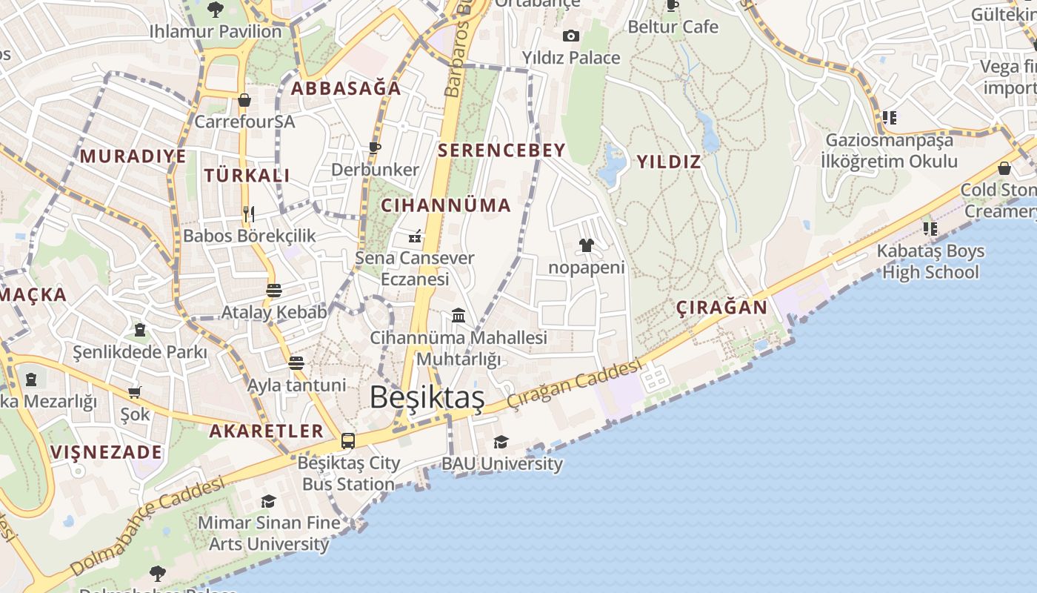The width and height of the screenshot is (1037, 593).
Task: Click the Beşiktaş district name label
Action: click(427, 398)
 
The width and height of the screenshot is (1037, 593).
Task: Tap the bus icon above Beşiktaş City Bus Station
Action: click(348, 441)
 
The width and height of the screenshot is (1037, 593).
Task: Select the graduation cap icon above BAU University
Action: click(501, 443)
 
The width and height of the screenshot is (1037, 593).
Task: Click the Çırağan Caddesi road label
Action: click(574, 385)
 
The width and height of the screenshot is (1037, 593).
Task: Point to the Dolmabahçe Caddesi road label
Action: click(148, 526)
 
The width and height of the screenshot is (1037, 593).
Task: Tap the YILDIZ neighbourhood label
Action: click(669, 162)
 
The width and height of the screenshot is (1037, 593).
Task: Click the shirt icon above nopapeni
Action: click(587, 245)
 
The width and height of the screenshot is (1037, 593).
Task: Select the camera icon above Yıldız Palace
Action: click(570, 36)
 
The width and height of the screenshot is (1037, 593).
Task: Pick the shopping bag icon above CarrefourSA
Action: click(244, 100)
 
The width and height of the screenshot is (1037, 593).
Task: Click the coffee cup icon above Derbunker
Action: click(375, 148)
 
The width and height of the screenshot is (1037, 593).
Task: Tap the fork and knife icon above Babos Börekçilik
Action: click(249, 214)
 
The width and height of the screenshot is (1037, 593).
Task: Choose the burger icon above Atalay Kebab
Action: click(274, 290)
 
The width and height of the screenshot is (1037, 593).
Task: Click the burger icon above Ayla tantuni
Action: click(296, 362)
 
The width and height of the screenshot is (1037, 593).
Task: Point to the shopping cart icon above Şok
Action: click(134, 392)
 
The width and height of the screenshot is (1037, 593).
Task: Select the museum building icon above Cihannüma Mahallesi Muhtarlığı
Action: click(459, 316)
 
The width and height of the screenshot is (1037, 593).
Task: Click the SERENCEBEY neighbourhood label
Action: click(501, 150)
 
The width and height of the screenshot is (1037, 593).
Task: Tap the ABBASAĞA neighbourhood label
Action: click(346, 88)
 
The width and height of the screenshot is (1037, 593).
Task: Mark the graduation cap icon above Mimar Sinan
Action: click(268, 501)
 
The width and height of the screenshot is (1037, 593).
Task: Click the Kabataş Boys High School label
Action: click(930, 262)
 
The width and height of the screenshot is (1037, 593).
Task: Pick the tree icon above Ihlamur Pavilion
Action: click(216, 10)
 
